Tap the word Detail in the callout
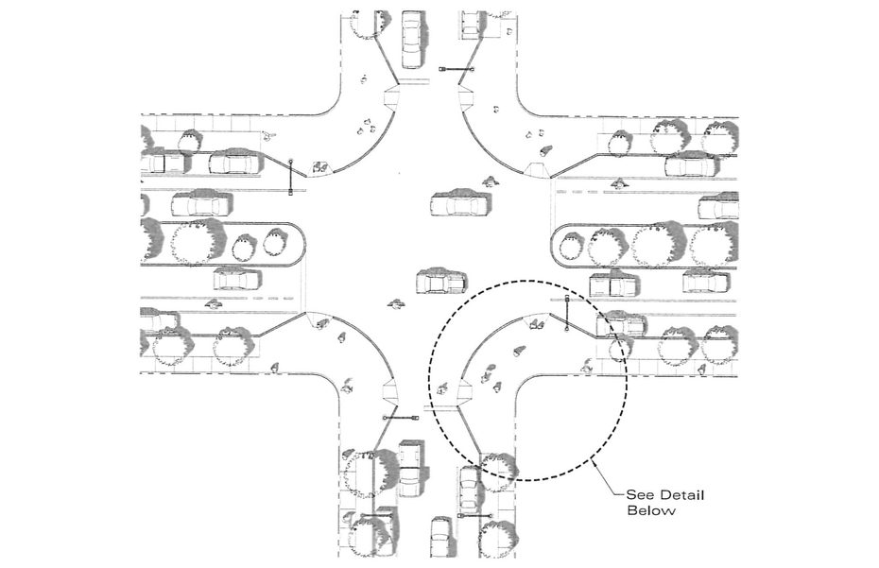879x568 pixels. [x=681, y=495]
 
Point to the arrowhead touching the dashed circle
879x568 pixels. [x=594, y=462]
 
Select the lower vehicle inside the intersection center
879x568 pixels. [x=441, y=282]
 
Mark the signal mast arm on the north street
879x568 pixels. [x=457, y=69]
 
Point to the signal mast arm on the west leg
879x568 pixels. [x=290, y=177]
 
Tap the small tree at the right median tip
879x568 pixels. [x=571, y=247]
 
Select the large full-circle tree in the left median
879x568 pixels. [x=192, y=243]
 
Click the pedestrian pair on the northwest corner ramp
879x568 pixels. [x=321, y=166]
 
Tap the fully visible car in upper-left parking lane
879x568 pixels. [x=236, y=162]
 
